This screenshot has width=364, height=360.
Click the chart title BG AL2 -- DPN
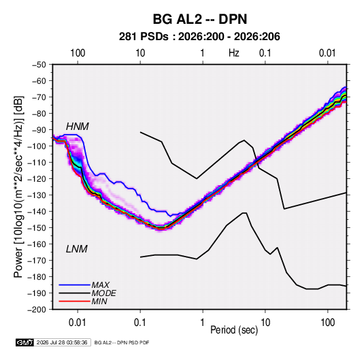pos(200,19)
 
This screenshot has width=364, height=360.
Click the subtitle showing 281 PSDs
pos(199,37)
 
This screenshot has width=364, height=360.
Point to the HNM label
pos(78,127)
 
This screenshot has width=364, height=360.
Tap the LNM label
pos(77,249)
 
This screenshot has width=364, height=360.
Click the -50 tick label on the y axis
pos(39,65)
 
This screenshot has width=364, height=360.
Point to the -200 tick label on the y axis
pos(37,310)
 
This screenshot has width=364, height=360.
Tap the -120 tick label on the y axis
pos(37,179)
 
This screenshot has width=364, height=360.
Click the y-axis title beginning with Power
pos(18,187)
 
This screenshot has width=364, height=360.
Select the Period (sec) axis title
pos(234,330)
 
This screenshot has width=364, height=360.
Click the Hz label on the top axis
pos(234,53)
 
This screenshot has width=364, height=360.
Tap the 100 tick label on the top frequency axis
pos(78,53)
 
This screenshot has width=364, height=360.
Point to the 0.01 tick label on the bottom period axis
pos(78,323)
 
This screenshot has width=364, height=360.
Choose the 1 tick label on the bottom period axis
pos(203,323)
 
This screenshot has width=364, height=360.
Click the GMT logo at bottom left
pos(24,342)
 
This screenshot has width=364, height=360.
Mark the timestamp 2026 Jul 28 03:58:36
pos(62,342)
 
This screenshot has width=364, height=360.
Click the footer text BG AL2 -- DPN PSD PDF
pos(122,342)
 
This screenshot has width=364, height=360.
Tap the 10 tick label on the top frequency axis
pos(140,53)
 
